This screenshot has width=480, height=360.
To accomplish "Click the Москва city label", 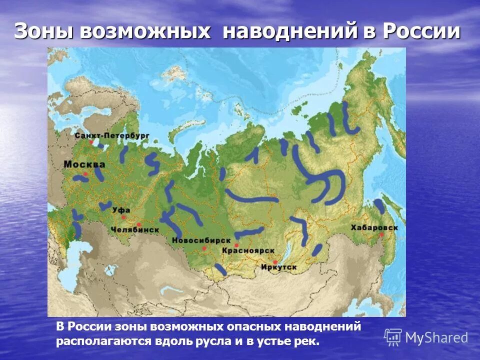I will (x=84, y=164).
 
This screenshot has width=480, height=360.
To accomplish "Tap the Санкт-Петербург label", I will (x=112, y=135).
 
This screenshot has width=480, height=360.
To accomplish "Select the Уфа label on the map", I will (x=121, y=210).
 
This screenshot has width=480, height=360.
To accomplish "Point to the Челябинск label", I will (x=135, y=229).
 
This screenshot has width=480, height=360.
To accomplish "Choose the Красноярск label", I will (x=241, y=249).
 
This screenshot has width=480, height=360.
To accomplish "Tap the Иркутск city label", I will (x=278, y=267).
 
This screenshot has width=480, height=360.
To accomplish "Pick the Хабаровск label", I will (x=374, y=227).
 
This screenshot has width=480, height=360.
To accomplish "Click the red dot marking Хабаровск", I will (x=381, y=234).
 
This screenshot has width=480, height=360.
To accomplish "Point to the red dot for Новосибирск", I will (x=204, y=247).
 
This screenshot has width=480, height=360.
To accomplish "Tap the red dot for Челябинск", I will (x=138, y=224).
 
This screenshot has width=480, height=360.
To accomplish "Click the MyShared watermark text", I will (x=436, y=337).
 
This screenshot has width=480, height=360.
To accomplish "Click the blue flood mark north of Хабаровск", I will (x=379, y=206).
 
